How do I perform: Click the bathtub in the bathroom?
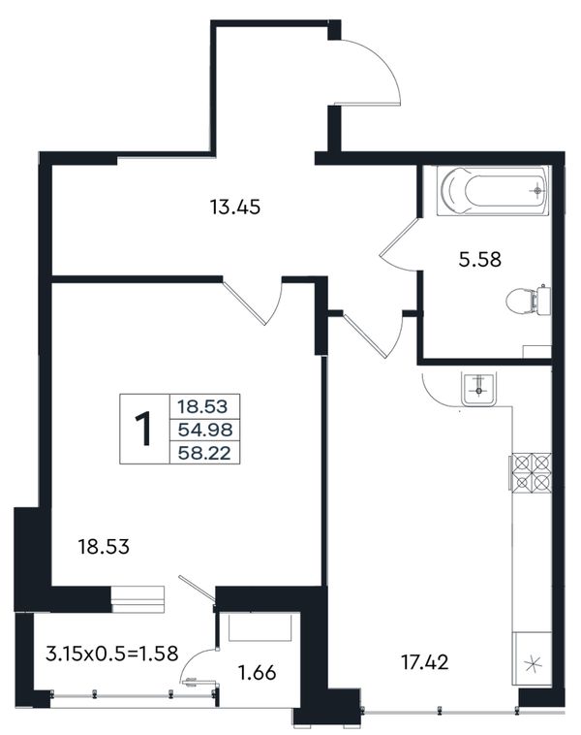click(x=493, y=190)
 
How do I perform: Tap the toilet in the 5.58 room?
click(x=528, y=300)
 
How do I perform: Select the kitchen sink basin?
click(x=479, y=390)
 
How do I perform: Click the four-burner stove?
click(x=531, y=472)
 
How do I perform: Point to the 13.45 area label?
click(x=234, y=207)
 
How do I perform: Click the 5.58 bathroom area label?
click(x=479, y=259)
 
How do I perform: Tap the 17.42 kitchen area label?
click(x=425, y=662)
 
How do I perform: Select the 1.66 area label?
click(x=257, y=673)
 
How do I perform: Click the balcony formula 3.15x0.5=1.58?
click(x=112, y=654)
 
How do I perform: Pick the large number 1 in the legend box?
click(x=143, y=429)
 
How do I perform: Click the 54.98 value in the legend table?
click(x=204, y=429)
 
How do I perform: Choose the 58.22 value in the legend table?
click(x=204, y=452)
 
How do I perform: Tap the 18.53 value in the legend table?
click(x=202, y=406)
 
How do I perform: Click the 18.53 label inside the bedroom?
click(x=104, y=547)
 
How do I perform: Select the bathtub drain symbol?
click(x=537, y=191)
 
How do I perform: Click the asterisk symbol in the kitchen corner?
click(x=533, y=664)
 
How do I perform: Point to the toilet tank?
click(x=543, y=300)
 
